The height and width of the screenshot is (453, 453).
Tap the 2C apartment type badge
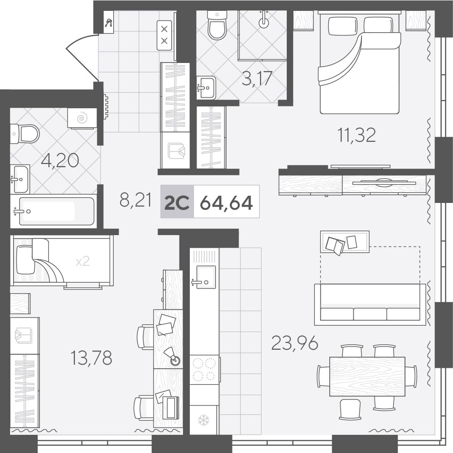(177, 202)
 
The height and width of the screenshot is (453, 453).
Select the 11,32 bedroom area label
(357, 135)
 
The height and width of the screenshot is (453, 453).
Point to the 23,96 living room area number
(295, 343)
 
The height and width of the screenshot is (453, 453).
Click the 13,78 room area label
(92, 358)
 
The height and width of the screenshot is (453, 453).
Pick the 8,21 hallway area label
(135, 200)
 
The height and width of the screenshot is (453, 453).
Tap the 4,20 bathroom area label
(60, 161)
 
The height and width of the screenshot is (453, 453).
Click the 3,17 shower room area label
(257, 78)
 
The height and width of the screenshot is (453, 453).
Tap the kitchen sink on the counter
(206, 277)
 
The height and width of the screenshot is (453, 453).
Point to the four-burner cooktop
(204, 370)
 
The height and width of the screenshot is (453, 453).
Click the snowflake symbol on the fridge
(204, 420)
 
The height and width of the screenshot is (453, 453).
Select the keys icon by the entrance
(109, 23)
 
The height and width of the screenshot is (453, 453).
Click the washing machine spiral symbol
(82, 118)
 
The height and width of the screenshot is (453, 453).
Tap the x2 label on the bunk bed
(82, 262)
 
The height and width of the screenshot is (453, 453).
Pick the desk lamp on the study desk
(173, 357)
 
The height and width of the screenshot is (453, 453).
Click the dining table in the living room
(367, 376)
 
